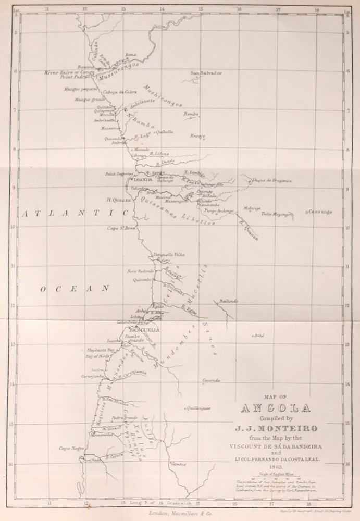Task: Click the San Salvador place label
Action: (x=206, y=73)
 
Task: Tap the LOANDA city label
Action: (x=142, y=179)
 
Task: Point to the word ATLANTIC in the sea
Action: (x=73, y=214)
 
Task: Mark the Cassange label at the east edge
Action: (x=320, y=212)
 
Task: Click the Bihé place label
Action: (x=258, y=337)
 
